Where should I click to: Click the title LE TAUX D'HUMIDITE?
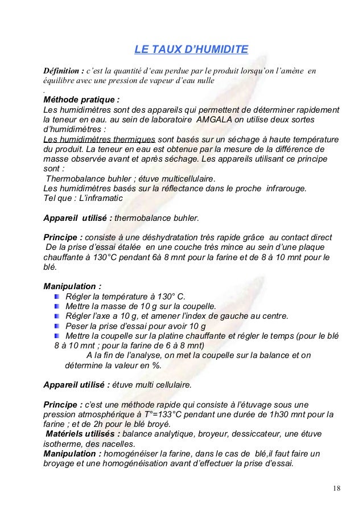point(191,52)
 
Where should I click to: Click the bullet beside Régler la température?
point(59,296)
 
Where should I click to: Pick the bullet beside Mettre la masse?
point(59,306)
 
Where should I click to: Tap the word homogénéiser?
point(134,454)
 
